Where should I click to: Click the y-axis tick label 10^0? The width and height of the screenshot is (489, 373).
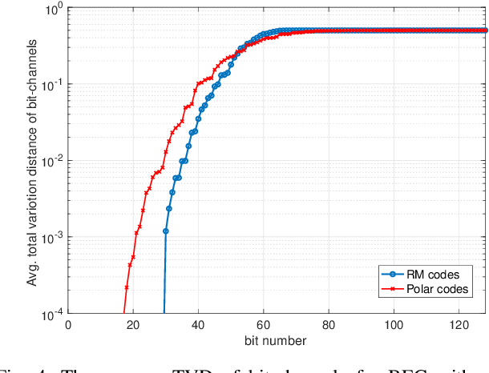click(53, 10)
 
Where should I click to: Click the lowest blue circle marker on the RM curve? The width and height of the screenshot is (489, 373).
click(166, 231)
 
